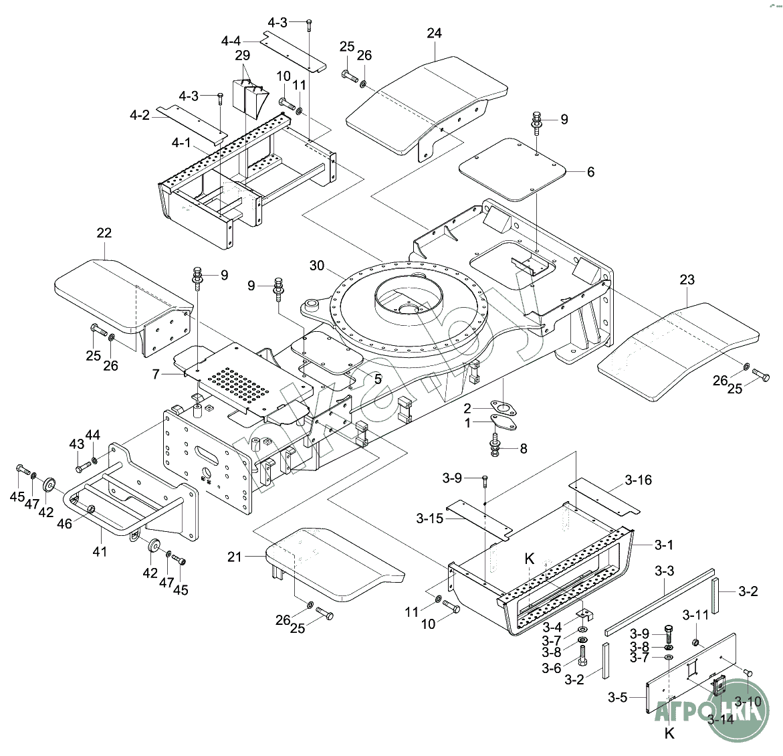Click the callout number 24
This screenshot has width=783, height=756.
pyautogui.click(x=435, y=33)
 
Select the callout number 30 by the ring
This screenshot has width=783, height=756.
pyautogui.click(x=316, y=266)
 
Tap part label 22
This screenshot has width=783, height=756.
pyautogui.click(x=104, y=233)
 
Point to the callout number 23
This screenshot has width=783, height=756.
pyautogui.click(x=687, y=280)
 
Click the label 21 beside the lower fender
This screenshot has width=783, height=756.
pyautogui.click(x=234, y=557)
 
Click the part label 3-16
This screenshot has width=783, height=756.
pyautogui.click(x=638, y=480)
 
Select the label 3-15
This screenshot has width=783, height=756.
pyautogui.click(x=429, y=518)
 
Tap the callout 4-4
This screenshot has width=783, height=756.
pyautogui.click(x=231, y=41)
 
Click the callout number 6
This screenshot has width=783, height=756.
pyautogui.click(x=590, y=172)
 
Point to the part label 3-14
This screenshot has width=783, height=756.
pyautogui.click(x=721, y=719)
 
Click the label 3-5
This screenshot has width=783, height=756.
pyautogui.click(x=617, y=698)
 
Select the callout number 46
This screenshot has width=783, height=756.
pyautogui.click(x=64, y=525)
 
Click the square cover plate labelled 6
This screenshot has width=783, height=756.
pyautogui.click(x=512, y=169)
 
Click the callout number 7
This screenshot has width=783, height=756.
pyautogui.click(x=155, y=375)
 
